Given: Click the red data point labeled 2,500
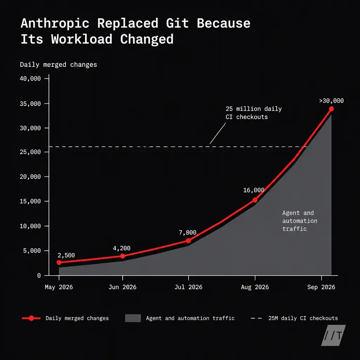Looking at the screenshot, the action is click(x=59, y=262).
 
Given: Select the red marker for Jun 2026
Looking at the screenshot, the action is click(x=123, y=256).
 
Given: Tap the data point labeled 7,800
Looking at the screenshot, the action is click(x=188, y=240).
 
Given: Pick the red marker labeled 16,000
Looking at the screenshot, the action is click(x=255, y=200).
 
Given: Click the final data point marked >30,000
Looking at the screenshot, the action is click(x=331, y=109).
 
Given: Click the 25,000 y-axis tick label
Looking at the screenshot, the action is click(x=30, y=152).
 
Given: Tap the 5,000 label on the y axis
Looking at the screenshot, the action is click(x=32, y=251).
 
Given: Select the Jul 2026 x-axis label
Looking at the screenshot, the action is click(x=188, y=287).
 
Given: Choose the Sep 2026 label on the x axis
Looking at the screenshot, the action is click(x=321, y=287).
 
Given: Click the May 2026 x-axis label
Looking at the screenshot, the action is click(x=59, y=287).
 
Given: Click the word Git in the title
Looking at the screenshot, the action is click(x=178, y=23).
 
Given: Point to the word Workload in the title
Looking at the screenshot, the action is click(x=82, y=39).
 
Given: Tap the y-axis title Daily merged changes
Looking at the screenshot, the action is click(x=58, y=65).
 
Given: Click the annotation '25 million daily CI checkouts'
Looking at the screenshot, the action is click(x=253, y=113).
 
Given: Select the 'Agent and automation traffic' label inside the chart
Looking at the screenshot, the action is click(x=300, y=221).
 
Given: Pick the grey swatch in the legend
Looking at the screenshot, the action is click(x=133, y=318).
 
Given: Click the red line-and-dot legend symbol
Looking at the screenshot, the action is click(x=31, y=318).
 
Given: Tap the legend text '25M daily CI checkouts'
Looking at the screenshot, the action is click(x=303, y=318).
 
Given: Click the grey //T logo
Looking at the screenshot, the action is click(x=333, y=335).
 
